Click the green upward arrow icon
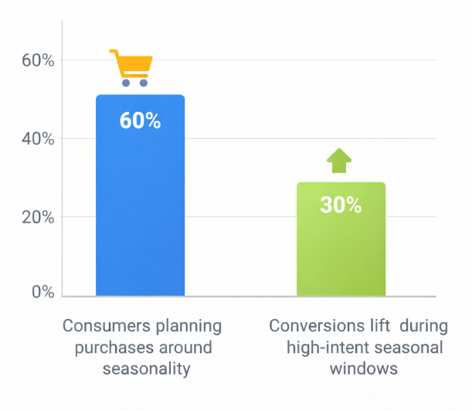(x=338, y=160)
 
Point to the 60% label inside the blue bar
(x=140, y=121)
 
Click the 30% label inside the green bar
(x=341, y=205)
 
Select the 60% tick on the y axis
(x=37, y=60)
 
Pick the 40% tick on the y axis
(x=37, y=139)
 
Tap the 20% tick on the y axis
(x=37, y=218)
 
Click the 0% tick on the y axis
(x=42, y=293)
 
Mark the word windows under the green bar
(x=364, y=369)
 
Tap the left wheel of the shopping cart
(x=125, y=82)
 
